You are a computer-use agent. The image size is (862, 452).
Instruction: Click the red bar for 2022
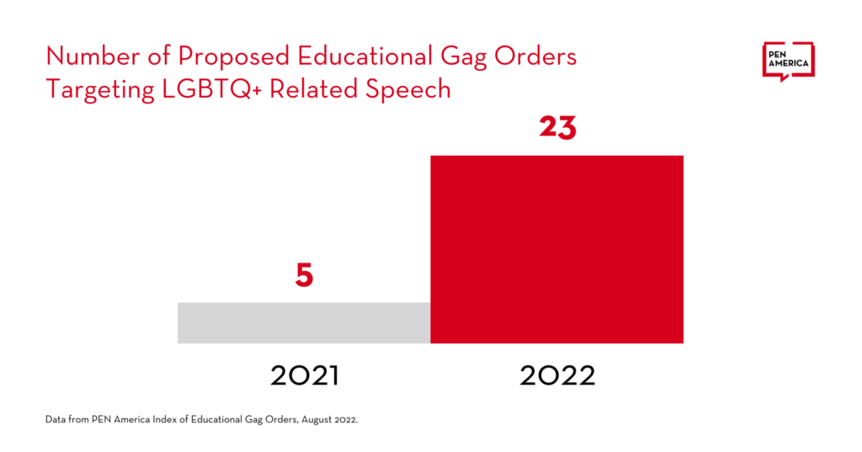[556, 249]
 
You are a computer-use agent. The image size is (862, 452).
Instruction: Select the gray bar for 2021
[304, 322]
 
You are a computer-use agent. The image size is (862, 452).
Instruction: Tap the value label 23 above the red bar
[557, 128]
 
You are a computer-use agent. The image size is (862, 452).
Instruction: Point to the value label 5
[304, 275]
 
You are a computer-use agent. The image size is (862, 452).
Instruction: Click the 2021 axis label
[304, 375]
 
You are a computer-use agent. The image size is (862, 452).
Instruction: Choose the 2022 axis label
[557, 375]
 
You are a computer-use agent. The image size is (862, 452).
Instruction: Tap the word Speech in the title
[412, 89]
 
